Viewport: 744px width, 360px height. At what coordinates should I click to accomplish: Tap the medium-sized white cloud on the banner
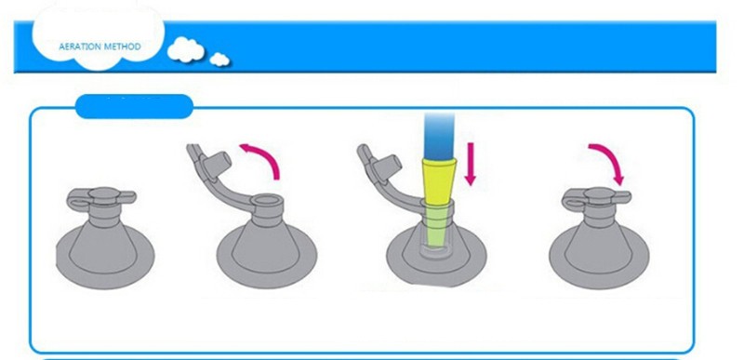pos(185,49)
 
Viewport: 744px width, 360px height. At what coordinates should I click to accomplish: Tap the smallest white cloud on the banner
pos(219,60)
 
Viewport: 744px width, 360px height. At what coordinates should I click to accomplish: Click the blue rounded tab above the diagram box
pos(134,106)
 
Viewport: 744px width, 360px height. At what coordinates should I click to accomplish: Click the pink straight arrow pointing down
pos(470,164)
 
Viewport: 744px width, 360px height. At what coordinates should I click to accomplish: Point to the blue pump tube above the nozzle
pos(439,136)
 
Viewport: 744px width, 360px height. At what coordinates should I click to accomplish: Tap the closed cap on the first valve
pos(105,194)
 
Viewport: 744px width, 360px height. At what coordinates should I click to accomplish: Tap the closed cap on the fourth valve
pos(600,195)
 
